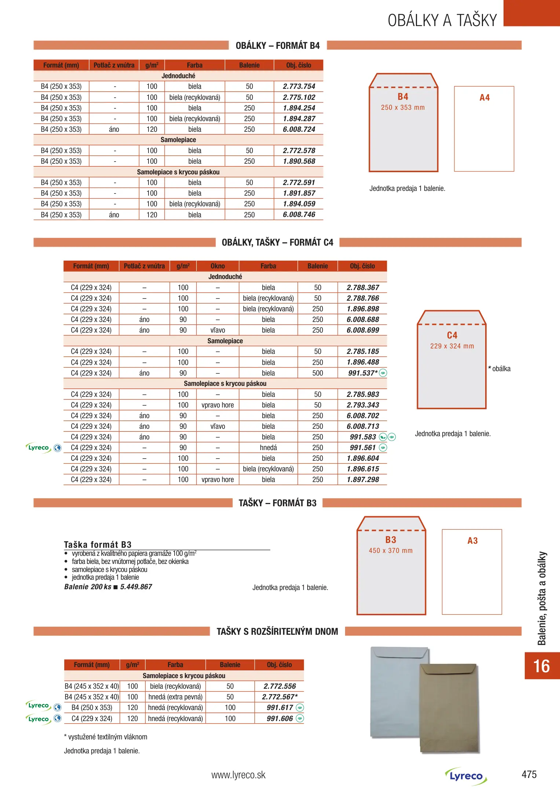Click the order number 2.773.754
point(299,87)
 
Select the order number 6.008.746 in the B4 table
point(299,215)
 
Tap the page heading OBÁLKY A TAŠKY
point(442,20)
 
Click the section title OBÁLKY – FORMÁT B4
point(278,46)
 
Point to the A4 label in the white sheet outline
point(484,98)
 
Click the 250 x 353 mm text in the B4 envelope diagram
point(403,108)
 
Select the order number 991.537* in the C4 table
point(362,373)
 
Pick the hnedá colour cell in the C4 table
point(268,448)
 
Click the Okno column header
point(217,266)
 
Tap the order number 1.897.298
point(363,479)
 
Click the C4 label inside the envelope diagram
point(452,335)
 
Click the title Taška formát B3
point(98,544)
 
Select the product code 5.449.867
point(136,587)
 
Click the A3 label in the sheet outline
point(472,541)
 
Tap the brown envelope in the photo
point(450,709)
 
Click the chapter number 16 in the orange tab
point(541,666)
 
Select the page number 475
point(529,775)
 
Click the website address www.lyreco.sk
point(238,775)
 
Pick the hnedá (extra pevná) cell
point(175,697)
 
